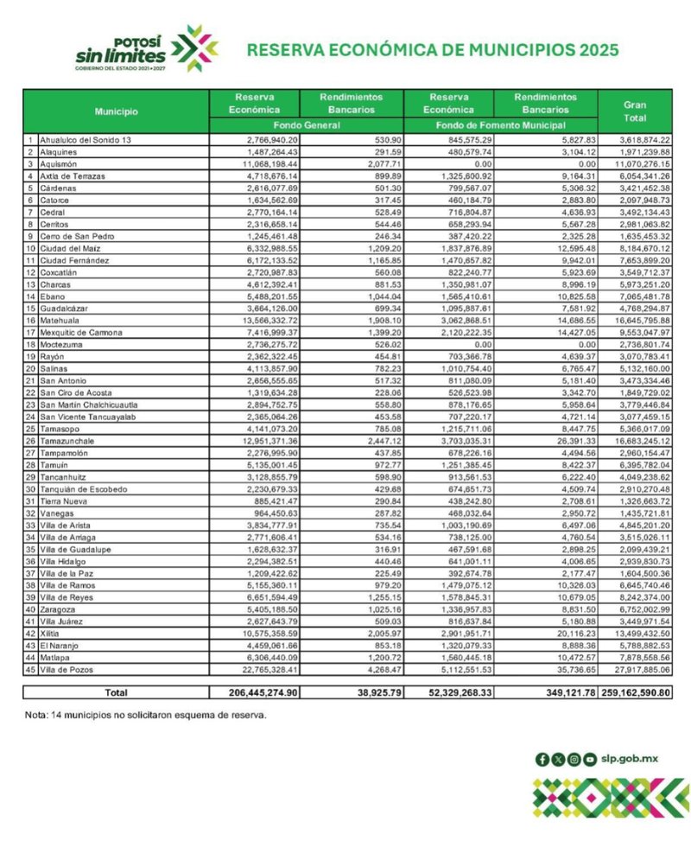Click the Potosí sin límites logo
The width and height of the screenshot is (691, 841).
click(x=146, y=49)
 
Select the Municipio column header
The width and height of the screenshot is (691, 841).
click(x=116, y=111)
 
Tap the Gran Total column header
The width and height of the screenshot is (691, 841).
click(x=635, y=110)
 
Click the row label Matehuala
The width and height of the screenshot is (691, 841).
click(x=60, y=320)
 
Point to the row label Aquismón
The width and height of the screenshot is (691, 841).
click(x=59, y=162)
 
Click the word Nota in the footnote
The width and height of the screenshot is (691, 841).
click(x=37, y=715)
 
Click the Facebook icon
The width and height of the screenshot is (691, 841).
click(x=542, y=759)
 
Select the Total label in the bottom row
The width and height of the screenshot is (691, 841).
click(x=115, y=692)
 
